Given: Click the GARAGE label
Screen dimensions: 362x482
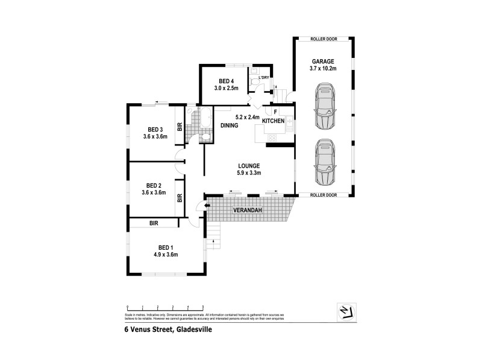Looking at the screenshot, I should (324, 62).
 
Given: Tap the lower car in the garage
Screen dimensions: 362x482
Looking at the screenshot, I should (324, 163).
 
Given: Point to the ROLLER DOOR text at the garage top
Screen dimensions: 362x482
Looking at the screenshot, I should (324, 39).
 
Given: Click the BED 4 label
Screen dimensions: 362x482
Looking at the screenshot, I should (227, 81).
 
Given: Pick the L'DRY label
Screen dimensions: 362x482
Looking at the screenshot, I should (263, 78).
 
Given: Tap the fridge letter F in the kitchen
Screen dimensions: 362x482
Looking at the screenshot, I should (275, 112).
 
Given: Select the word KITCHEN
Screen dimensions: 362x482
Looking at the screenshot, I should (273, 121).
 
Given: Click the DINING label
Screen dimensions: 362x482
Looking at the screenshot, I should (229, 126).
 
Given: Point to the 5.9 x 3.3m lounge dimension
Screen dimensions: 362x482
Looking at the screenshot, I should (248, 173).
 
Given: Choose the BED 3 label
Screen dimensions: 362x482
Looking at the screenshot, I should (155, 129).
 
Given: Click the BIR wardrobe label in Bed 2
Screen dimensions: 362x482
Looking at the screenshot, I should (180, 197).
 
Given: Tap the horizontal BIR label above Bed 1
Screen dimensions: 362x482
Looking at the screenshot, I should (154, 223).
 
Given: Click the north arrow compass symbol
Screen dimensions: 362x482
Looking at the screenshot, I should (345, 311).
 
